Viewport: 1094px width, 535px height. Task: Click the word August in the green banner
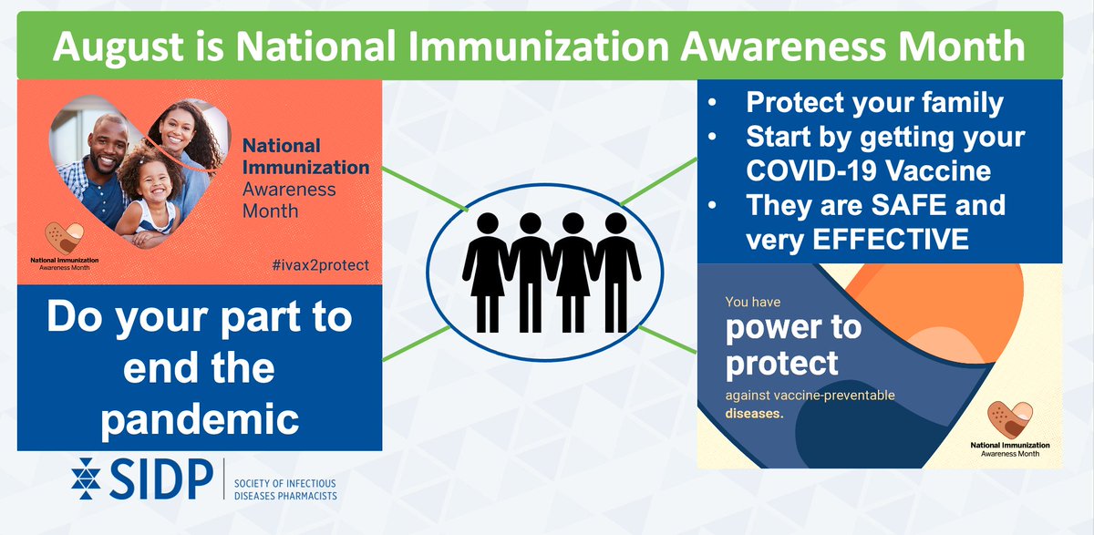pyautogui.click(x=119, y=47)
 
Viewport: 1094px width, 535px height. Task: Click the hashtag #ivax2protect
pyautogui.click(x=320, y=265)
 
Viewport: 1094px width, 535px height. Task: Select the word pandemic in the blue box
pyautogui.click(x=200, y=420)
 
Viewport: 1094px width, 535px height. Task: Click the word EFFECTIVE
pyautogui.click(x=891, y=239)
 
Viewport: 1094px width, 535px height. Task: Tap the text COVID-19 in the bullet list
pyautogui.click(x=811, y=170)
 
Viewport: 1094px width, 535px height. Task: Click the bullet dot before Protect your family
pyautogui.click(x=712, y=103)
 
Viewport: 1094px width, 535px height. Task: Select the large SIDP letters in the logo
pyautogui.click(x=161, y=478)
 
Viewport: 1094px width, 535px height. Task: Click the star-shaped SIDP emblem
pyautogui.click(x=86, y=478)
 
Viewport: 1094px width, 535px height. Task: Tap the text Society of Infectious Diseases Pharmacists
pyautogui.click(x=285, y=489)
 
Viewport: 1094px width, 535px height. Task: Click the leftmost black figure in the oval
pyautogui.click(x=487, y=273)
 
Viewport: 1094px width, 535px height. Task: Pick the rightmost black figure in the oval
pyautogui.click(x=616, y=273)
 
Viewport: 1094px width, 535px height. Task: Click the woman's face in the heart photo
pyautogui.click(x=177, y=128)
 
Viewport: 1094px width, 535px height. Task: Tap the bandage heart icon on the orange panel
pyautogui.click(x=64, y=238)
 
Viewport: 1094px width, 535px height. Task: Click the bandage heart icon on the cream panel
pyautogui.click(x=1010, y=420)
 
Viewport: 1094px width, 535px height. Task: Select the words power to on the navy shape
pyautogui.click(x=794, y=328)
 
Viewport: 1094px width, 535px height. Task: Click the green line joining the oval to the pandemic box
pyautogui.click(x=416, y=344)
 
